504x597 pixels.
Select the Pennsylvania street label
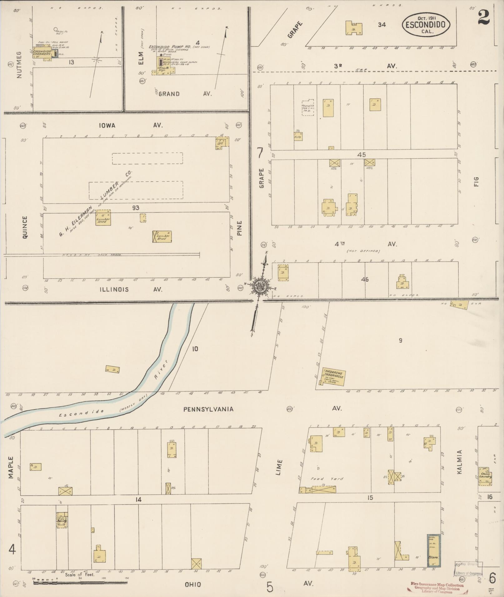point(208,409)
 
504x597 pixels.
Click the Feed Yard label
point(327,478)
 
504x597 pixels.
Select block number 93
point(135,208)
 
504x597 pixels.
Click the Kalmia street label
point(459,467)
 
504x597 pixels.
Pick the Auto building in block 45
point(298,136)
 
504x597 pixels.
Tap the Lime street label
point(279,467)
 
